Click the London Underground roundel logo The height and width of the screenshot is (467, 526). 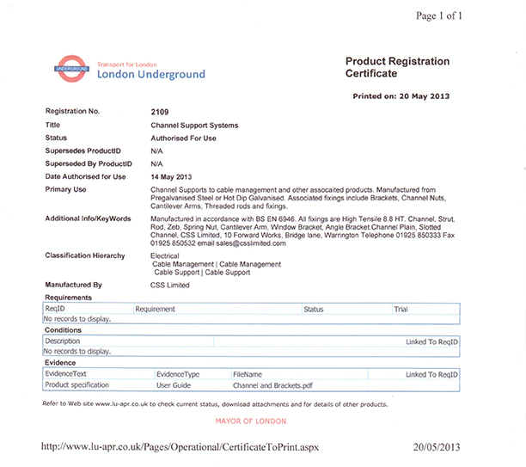pos(71,68)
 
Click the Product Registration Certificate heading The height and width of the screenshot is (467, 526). pos(397,68)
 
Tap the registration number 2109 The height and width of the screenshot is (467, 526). pos(161,112)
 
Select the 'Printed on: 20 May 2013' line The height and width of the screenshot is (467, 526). pos(401,96)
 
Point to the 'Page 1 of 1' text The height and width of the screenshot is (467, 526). pos(438,15)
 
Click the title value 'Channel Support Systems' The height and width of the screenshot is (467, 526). pos(194,125)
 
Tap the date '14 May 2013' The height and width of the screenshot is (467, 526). pos(170,175)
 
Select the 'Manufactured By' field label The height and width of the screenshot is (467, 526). pos(73,284)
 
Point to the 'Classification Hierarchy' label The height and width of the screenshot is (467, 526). pos(84,255)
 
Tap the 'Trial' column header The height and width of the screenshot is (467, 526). pos(401,308)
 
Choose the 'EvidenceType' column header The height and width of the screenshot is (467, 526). pos(178,374)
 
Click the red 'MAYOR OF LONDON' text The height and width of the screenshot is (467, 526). pos(252,421)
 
